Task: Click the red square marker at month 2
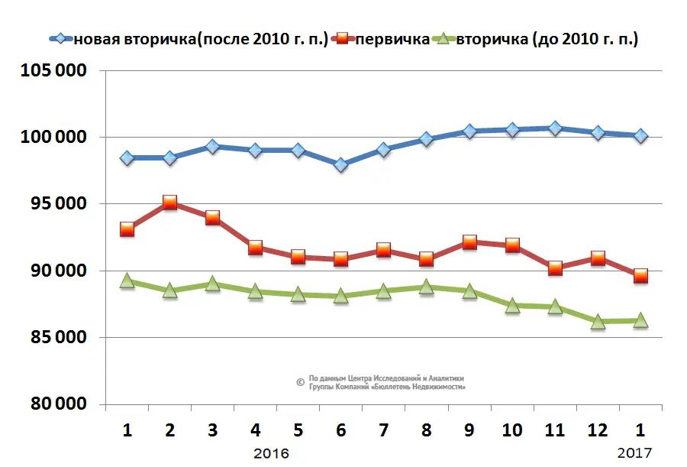click(x=169, y=203)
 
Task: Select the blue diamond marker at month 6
click(x=341, y=164)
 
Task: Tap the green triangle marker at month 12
click(x=598, y=322)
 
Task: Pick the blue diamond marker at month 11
click(x=555, y=128)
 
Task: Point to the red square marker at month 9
click(x=469, y=243)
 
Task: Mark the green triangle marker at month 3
click(x=212, y=284)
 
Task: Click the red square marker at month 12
click(x=598, y=258)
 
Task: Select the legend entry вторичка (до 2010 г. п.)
click(x=547, y=39)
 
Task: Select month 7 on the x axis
click(x=384, y=430)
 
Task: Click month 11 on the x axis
click(x=555, y=430)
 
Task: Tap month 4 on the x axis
click(x=256, y=430)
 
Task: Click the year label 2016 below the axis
click(x=271, y=453)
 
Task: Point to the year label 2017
click(x=634, y=453)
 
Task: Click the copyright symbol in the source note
click(x=300, y=381)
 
